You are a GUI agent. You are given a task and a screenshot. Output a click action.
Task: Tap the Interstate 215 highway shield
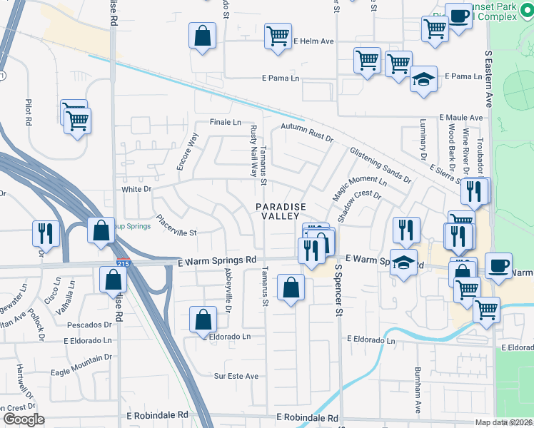coord(123,263)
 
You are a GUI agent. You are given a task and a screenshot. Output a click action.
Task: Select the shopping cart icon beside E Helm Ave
coord(278,36)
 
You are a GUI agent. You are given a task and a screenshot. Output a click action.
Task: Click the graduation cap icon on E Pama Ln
coord(423,80)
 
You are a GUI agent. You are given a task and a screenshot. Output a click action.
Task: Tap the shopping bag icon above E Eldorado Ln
coord(203,320)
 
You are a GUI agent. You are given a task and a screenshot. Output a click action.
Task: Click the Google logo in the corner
coord(24,419)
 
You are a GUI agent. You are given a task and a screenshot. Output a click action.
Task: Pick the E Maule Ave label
coord(461,117)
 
